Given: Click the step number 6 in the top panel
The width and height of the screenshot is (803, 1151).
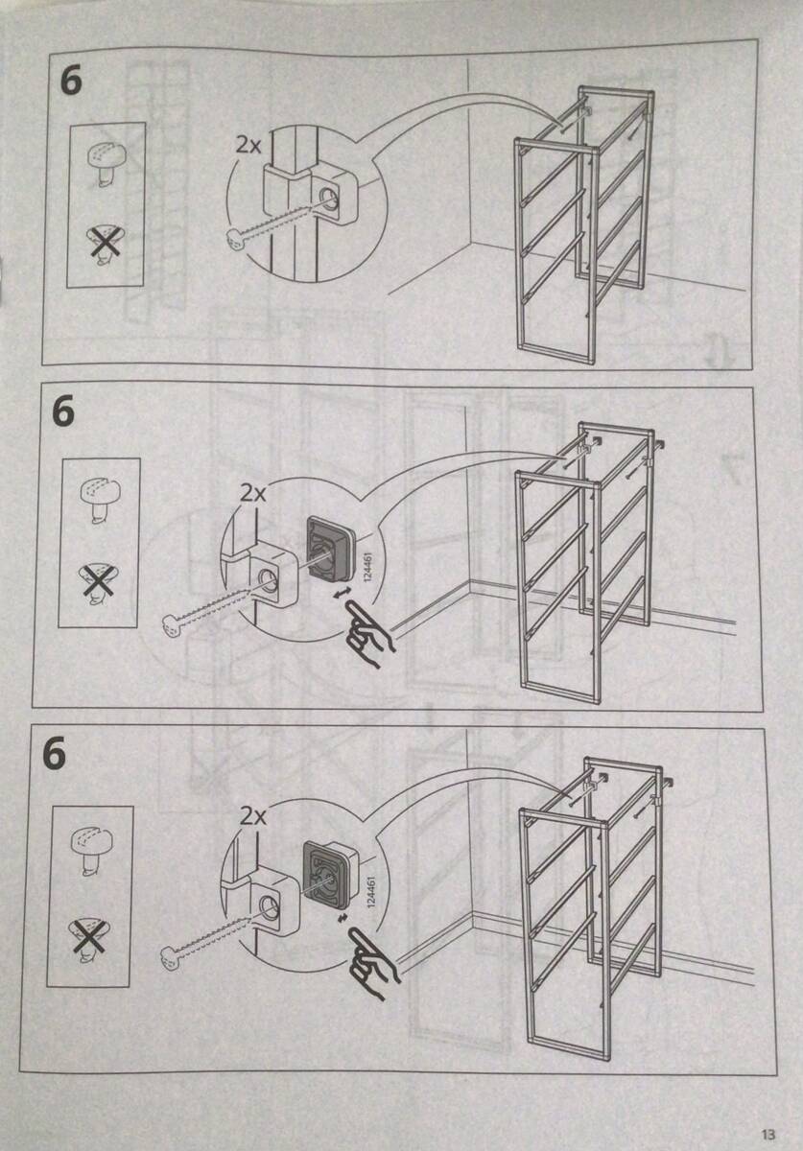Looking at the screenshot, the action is (x=71, y=82).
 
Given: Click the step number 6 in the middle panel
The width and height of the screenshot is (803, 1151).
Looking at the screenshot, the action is (x=63, y=411).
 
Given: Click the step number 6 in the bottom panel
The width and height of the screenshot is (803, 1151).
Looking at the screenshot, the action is (x=55, y=753).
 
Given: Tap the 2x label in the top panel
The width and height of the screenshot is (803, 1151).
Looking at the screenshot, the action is (x=248, y=146).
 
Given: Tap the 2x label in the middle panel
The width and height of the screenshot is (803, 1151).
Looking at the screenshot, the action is (x=253, y=494).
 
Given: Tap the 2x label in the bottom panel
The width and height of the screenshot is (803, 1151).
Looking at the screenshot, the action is (x=252, y=816).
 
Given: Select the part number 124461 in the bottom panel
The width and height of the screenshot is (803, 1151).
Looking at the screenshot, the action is (x=371, y=892).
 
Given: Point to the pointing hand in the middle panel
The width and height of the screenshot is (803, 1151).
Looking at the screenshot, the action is (x=368, y=633).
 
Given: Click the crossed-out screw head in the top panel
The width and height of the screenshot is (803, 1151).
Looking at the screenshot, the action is (x=106, y=242).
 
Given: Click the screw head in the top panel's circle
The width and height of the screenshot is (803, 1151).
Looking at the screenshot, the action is (x=234, y=238).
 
